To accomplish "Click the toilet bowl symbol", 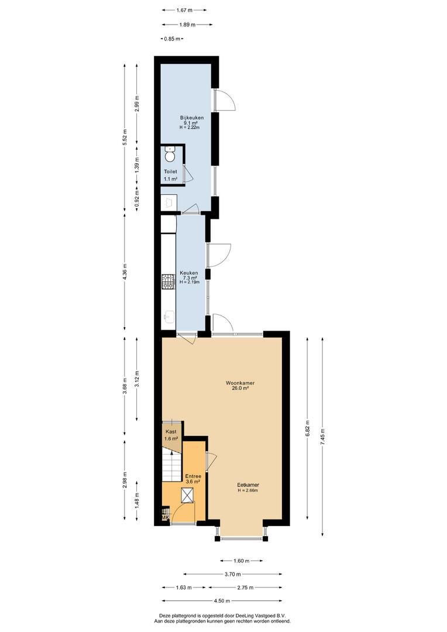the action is [x=170, y=153].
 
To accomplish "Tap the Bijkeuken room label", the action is [x=192, y=118].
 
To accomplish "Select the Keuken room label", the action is [x=188, y=273].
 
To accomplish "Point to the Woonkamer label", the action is [x=240, y=383].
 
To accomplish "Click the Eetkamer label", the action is [x=248, y=485].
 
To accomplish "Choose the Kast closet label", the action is [x=171, y=432].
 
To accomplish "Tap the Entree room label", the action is [x=193, y=476].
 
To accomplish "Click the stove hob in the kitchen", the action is [x=167, y=281].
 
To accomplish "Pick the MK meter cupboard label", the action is [x=165, y=517].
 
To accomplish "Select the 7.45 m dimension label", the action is [x=322, y=436].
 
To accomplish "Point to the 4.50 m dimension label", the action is [x=222, y=600].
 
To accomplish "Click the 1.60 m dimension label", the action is [x=242, y=561].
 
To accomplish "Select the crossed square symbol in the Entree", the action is [x=187, y=495].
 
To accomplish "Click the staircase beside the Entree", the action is [x=171, y=466].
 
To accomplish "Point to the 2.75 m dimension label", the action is [x=246, y=588].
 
